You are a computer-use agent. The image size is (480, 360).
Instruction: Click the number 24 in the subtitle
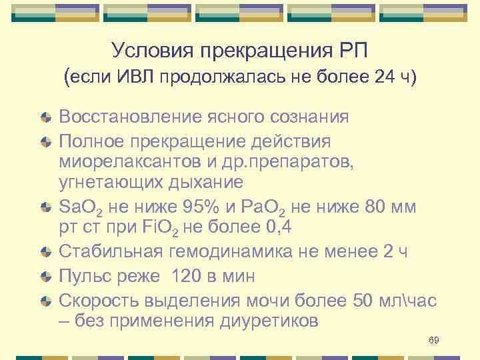pyautogui.click(x=385, y=78)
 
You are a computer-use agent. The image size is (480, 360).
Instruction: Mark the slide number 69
pyautogui.click(x=434, y=341)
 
